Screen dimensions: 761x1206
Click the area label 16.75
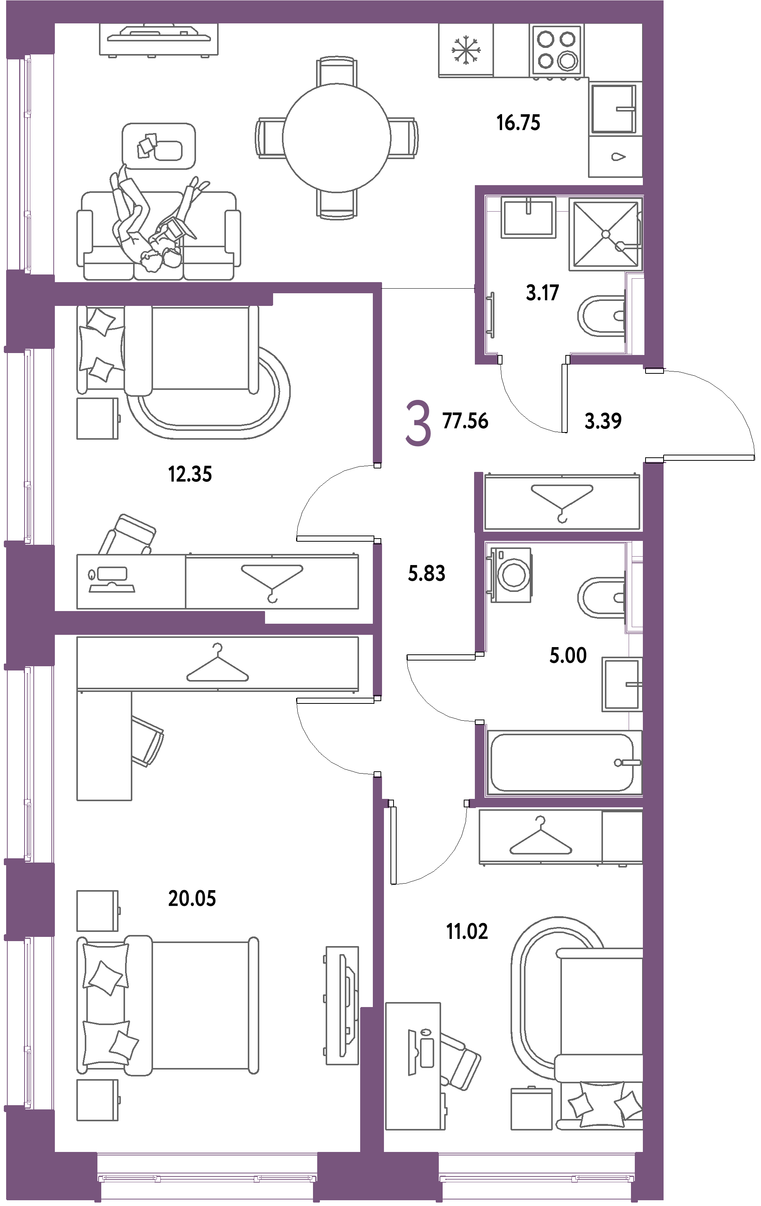(x=518, y=123)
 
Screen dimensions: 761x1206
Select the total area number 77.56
(x=465, y=421)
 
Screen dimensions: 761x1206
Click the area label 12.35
(x=190, y=474)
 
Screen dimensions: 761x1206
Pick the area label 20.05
(x=192, y=899)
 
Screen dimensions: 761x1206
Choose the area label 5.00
(x=568, y=655)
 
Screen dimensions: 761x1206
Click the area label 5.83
(x=427, y=573)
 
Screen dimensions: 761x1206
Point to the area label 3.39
(x=603, y=421)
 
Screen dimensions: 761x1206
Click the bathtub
(x=564, y=762)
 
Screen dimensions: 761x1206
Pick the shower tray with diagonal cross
(x=605, y=234)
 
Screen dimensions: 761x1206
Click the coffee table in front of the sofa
(x=159, y=146)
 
